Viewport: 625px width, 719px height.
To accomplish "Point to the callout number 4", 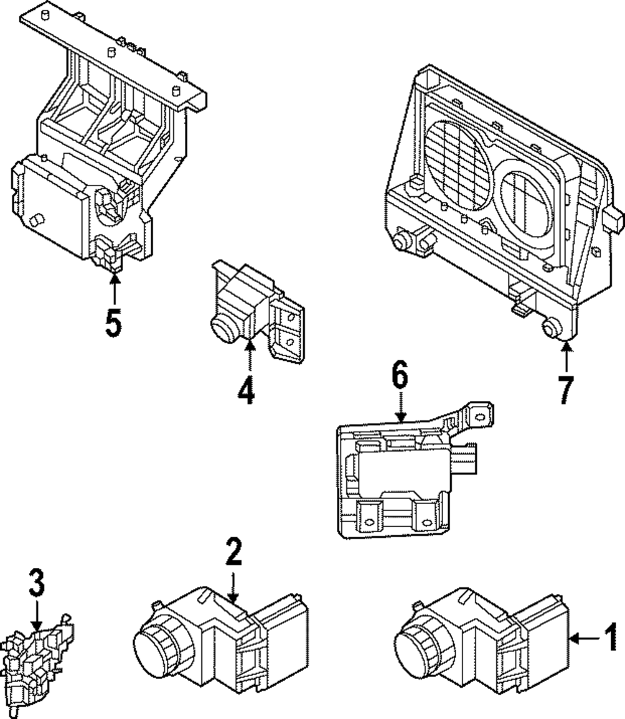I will [246, 391].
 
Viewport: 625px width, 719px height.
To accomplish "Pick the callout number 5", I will [113, 323].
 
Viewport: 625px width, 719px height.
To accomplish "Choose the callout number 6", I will [399, 376].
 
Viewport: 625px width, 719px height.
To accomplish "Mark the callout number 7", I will [566, 390].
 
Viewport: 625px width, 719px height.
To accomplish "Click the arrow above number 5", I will [114, 287].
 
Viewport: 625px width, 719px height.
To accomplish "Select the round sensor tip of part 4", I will [221, 327].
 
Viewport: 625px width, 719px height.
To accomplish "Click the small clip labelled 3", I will [34, 662].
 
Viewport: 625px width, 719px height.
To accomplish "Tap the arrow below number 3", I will [36, 615].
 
